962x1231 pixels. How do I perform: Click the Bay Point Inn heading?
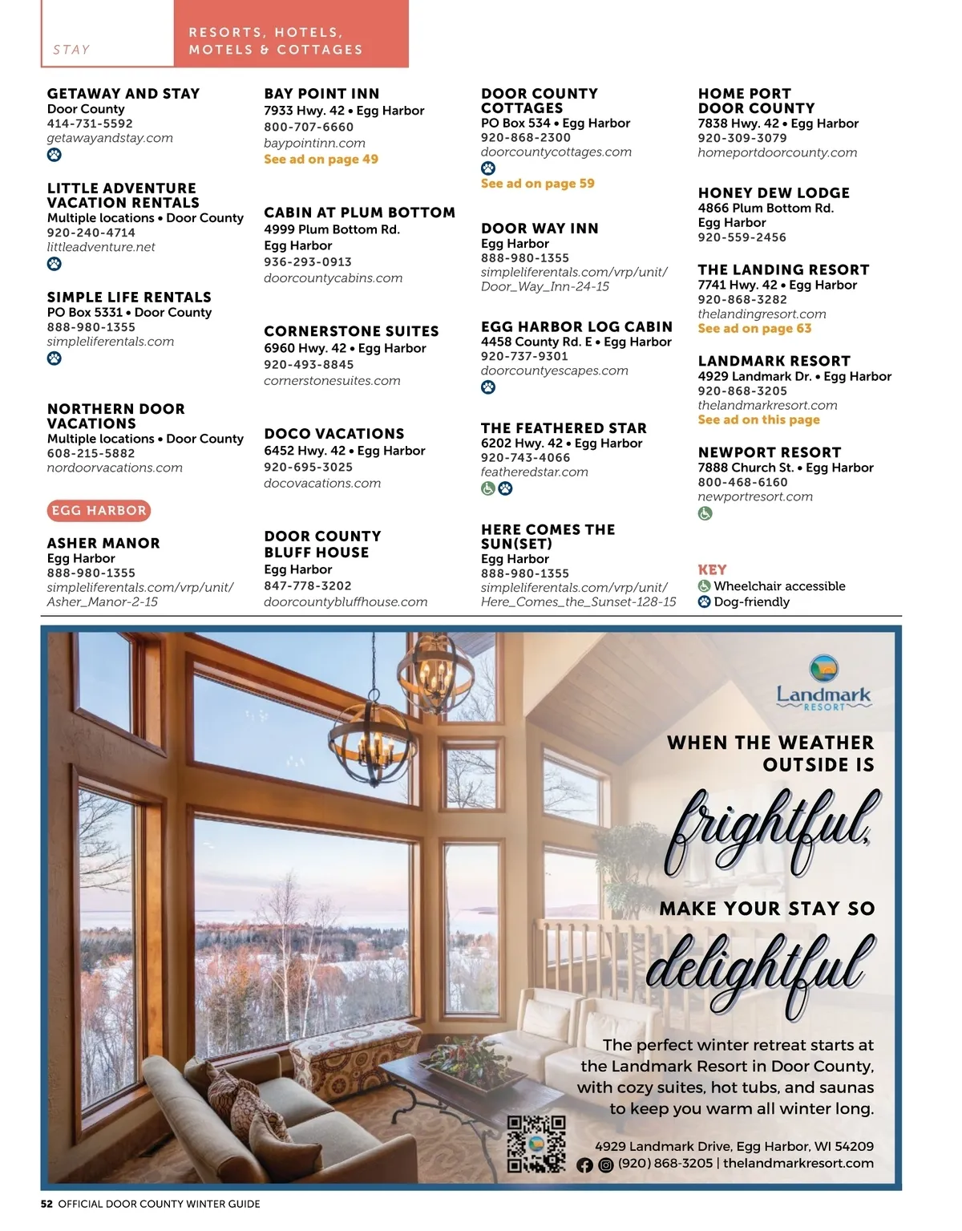[321, 94]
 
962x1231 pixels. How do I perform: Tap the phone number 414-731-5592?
[90, 124]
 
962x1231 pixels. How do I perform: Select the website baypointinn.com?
[314, 143]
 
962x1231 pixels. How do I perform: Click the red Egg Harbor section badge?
[99, 510]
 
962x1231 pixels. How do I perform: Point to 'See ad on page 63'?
[754, 328]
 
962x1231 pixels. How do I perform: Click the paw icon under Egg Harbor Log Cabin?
[488, 387]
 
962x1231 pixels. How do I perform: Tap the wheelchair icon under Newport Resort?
[705, 513]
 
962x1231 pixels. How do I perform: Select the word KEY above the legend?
[712, 569]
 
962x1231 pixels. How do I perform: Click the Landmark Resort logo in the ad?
[823, 682]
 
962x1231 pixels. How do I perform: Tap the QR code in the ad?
[536, 1144]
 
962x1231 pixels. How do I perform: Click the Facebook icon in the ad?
[584, 1165]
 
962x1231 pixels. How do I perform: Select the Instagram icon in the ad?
[606, 1165]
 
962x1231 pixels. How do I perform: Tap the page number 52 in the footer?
[46, 1204]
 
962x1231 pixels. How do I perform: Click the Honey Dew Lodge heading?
[774, 192]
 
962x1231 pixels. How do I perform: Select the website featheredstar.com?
[534, 472]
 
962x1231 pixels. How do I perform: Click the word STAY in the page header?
[71, 50]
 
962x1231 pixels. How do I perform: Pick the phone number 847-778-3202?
[307, 585]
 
